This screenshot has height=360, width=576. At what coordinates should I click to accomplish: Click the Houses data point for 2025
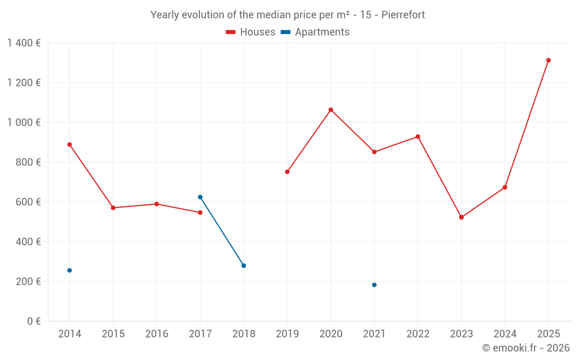click(x=548, y=60)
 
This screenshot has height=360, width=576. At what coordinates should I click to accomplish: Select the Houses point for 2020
click(x=331, y=110)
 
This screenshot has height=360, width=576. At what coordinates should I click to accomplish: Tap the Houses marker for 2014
click(x=70, y=145)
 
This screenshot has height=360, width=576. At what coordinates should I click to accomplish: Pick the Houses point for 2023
click(x=461, y=217)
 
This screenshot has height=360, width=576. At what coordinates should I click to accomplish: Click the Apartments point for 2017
click(x=200, y=197)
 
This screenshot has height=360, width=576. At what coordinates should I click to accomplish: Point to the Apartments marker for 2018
click(x=244, y=266)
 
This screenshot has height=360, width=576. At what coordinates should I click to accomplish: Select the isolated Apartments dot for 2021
click(x=374, y=285)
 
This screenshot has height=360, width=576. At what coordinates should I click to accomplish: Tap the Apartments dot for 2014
click(x=70, y=270)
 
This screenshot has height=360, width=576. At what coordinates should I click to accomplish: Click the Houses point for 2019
click(x=287, y=172)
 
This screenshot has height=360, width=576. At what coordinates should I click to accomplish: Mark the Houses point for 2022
click(x=418, y=137)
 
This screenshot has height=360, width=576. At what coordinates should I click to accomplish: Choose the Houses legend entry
click(x=251, y=32)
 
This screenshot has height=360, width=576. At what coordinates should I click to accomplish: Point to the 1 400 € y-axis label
click(x=24, y=43)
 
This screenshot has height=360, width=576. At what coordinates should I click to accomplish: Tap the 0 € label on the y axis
click(x=33, y=321)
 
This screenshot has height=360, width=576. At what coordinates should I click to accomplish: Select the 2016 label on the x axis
click(x=157, y=334)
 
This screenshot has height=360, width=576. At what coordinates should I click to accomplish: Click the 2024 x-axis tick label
click(x=505, y=334)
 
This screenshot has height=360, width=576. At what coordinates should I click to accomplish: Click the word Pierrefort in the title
click(x=403, y=15)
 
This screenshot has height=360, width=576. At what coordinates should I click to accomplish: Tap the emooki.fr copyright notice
click(x=525, y=348)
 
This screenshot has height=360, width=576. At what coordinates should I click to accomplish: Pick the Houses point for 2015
click(x=113, y=208)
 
